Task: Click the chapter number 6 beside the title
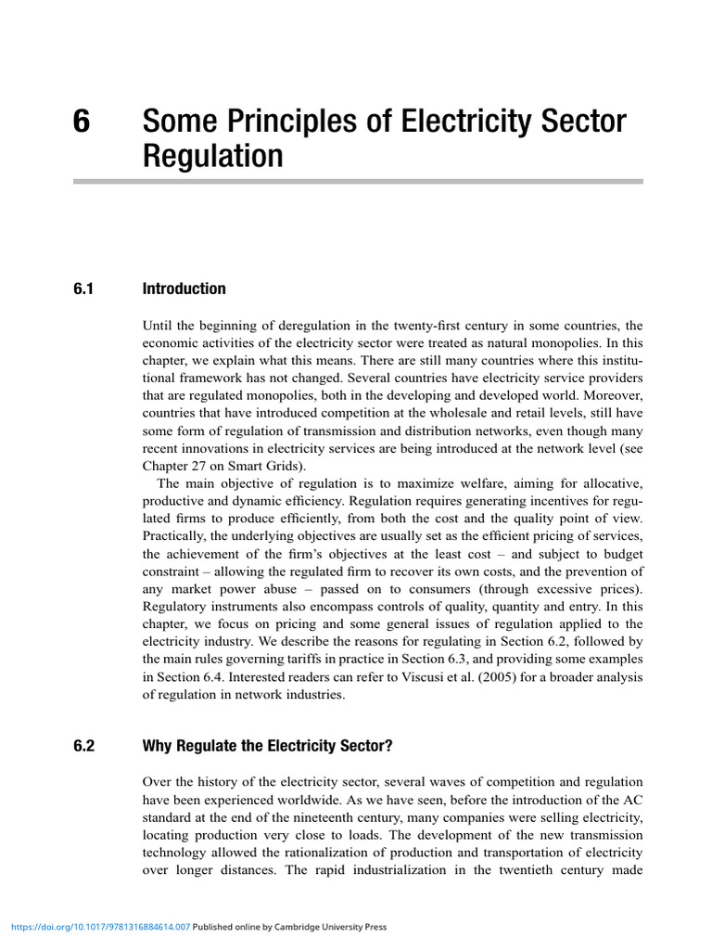pyautogui.click(x=82, y=122)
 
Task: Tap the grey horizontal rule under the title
pyautogui.click(x=357, y=182)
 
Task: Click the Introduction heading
pyautogui.click(x=184, y=289)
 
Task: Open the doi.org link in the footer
pyautogui.click(x=99, y=927)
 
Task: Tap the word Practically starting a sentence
pyautogui.click(x=174, y=536)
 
